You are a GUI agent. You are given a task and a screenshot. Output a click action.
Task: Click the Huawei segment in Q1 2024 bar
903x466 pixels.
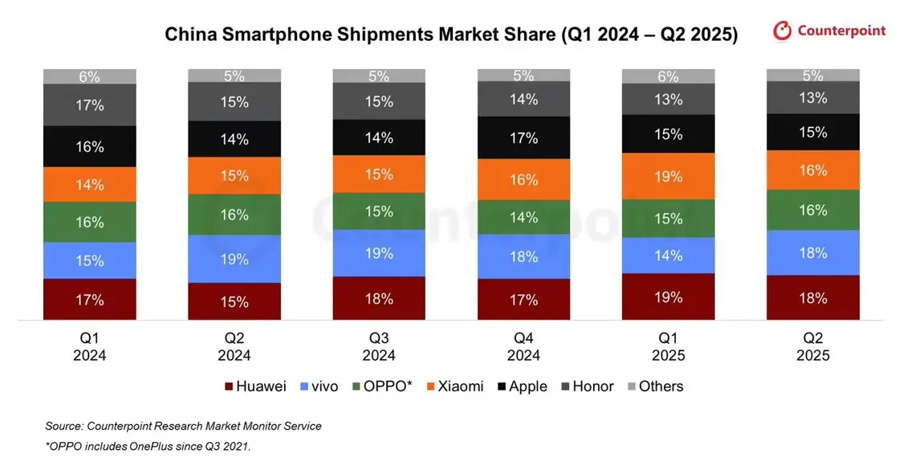[90, 300]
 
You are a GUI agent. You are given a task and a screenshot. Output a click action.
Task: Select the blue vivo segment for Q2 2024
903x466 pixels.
[234, 259]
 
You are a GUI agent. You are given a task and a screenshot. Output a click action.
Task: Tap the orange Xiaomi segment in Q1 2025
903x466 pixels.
[668, 176]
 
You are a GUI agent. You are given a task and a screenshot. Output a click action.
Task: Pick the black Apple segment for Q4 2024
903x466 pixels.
[523, 138]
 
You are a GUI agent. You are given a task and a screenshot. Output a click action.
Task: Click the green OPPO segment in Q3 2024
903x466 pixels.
[379, 211]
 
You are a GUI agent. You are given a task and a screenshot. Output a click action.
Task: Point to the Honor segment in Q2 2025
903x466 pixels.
[812, 97]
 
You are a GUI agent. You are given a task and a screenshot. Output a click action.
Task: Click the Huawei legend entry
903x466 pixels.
[255, 386]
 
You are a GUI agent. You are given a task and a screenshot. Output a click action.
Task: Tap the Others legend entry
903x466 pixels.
[653, 386]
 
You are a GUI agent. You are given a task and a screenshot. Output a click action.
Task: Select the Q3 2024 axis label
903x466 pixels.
[379, 346]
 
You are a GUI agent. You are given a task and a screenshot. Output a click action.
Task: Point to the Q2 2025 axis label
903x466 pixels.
[812, 346]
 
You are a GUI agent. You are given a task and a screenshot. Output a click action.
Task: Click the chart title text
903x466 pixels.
[451, 35]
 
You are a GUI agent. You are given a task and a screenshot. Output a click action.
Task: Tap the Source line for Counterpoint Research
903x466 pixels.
[183, 426]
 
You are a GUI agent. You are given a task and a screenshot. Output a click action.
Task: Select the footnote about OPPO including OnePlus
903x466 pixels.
[149, 445]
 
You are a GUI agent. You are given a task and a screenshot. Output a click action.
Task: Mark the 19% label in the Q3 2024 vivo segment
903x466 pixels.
[379, 253]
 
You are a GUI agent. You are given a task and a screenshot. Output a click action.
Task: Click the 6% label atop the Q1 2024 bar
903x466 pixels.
[90, 77]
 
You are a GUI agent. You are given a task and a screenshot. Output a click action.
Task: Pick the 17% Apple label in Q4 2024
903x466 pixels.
[523, 138]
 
